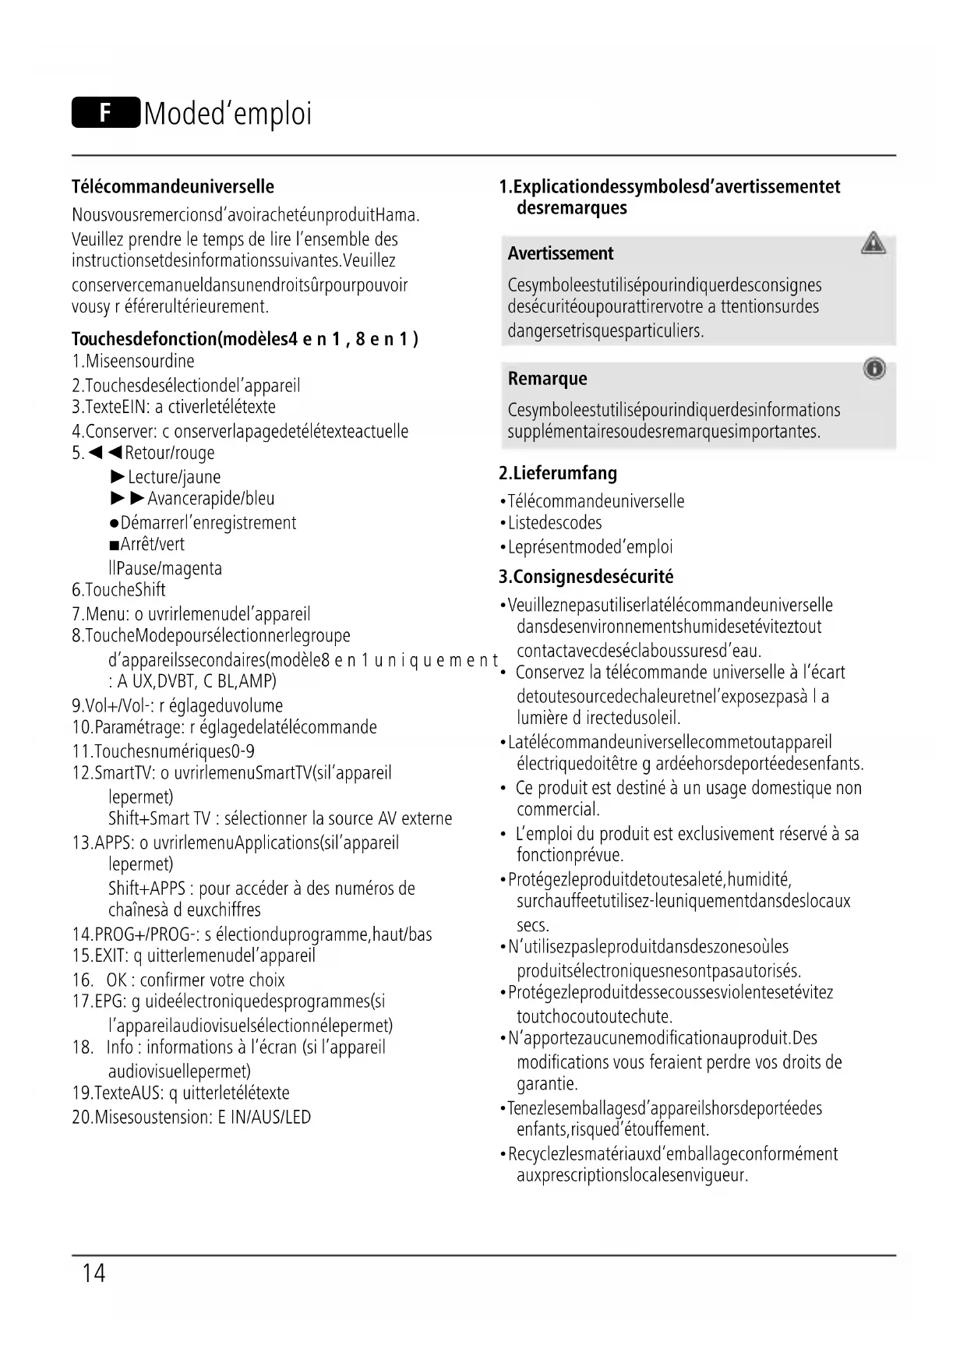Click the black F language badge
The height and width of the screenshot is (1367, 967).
[x=106, y=113]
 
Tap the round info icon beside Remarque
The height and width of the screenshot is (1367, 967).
[x=874, y=369]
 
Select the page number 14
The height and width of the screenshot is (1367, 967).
[x=94, y=1273]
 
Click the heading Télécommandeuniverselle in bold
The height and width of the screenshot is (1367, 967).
[x=173, y=187]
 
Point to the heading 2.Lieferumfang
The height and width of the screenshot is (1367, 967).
[x=558, y=473]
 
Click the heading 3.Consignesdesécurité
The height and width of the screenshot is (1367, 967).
[x=586, y=577]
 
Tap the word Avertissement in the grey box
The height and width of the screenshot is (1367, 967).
[x=560, y=253]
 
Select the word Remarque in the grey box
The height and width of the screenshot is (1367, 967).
[x=547, y=379]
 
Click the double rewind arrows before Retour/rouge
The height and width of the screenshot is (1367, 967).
[x=106, y=453]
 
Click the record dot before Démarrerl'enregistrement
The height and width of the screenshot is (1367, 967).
[x=115, y=523]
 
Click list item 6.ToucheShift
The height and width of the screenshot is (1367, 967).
[x=118, y=590]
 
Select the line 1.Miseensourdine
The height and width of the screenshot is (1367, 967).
[x=133, y=362]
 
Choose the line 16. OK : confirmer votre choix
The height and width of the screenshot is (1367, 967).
[x=178, y=980]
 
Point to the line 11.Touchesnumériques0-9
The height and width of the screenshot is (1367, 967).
[x=163, y=751]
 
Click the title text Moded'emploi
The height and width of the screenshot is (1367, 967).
[x=228, y=114]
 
